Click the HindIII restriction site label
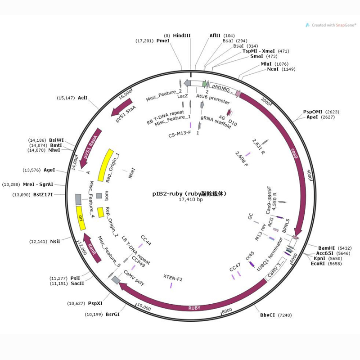tap(182, 35)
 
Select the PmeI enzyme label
tap(163, 41)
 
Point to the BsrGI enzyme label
tap(113, 314)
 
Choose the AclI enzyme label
tap(82, 98)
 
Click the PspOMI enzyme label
tap(312, 112)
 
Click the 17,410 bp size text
tap(191, 199)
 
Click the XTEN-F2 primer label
tap(173, 279)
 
